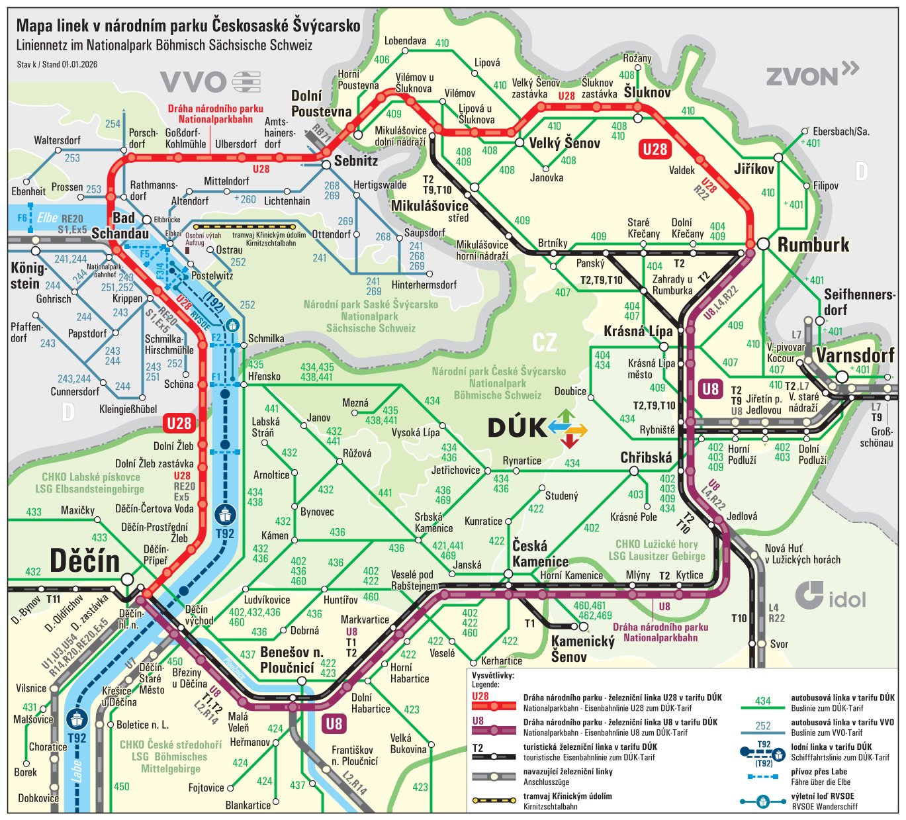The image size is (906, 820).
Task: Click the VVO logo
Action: click(210, 82)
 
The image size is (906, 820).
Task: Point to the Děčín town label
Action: click(85, 561)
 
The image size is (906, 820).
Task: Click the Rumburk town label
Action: click(813, 245)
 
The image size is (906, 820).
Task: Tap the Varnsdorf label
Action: click(855, 355)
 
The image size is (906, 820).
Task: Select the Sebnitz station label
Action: click(356, 161)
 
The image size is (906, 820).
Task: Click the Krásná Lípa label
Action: click(638, 331)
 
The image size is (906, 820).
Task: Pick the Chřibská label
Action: click(646, 457)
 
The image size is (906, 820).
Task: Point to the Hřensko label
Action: click(264, 376)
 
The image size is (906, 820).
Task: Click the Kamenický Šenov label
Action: click(582, 649)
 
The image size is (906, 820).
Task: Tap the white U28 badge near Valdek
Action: click(655, 149)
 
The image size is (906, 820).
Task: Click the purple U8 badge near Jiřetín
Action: click(710, 388)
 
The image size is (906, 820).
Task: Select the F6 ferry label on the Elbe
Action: click(22, 218)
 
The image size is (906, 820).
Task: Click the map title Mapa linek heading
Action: click(188, 26)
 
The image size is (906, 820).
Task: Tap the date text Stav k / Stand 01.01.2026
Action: click(57, 64)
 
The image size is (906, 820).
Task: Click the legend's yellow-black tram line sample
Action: click(494, 800)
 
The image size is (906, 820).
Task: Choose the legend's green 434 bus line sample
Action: click(762, 706)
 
